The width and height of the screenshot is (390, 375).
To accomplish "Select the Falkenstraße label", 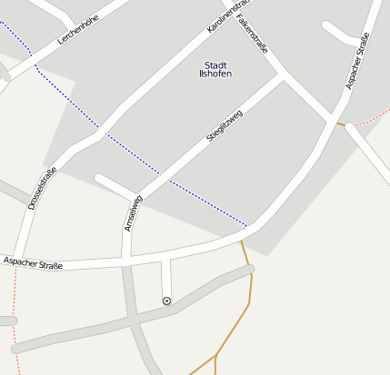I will (x=251, y=34).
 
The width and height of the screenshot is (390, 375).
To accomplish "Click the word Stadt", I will (x=215, y=64).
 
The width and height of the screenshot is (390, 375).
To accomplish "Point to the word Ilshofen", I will (x=215, y=74).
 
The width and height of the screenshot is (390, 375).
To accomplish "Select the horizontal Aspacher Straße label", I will (x=33, y=264).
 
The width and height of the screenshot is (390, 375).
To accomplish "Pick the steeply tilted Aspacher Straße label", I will (x=357, y=61).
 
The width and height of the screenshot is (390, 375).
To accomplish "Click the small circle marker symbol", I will (x=166, y=301).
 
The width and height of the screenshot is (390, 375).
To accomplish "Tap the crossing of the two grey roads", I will (x=133, y=319).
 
